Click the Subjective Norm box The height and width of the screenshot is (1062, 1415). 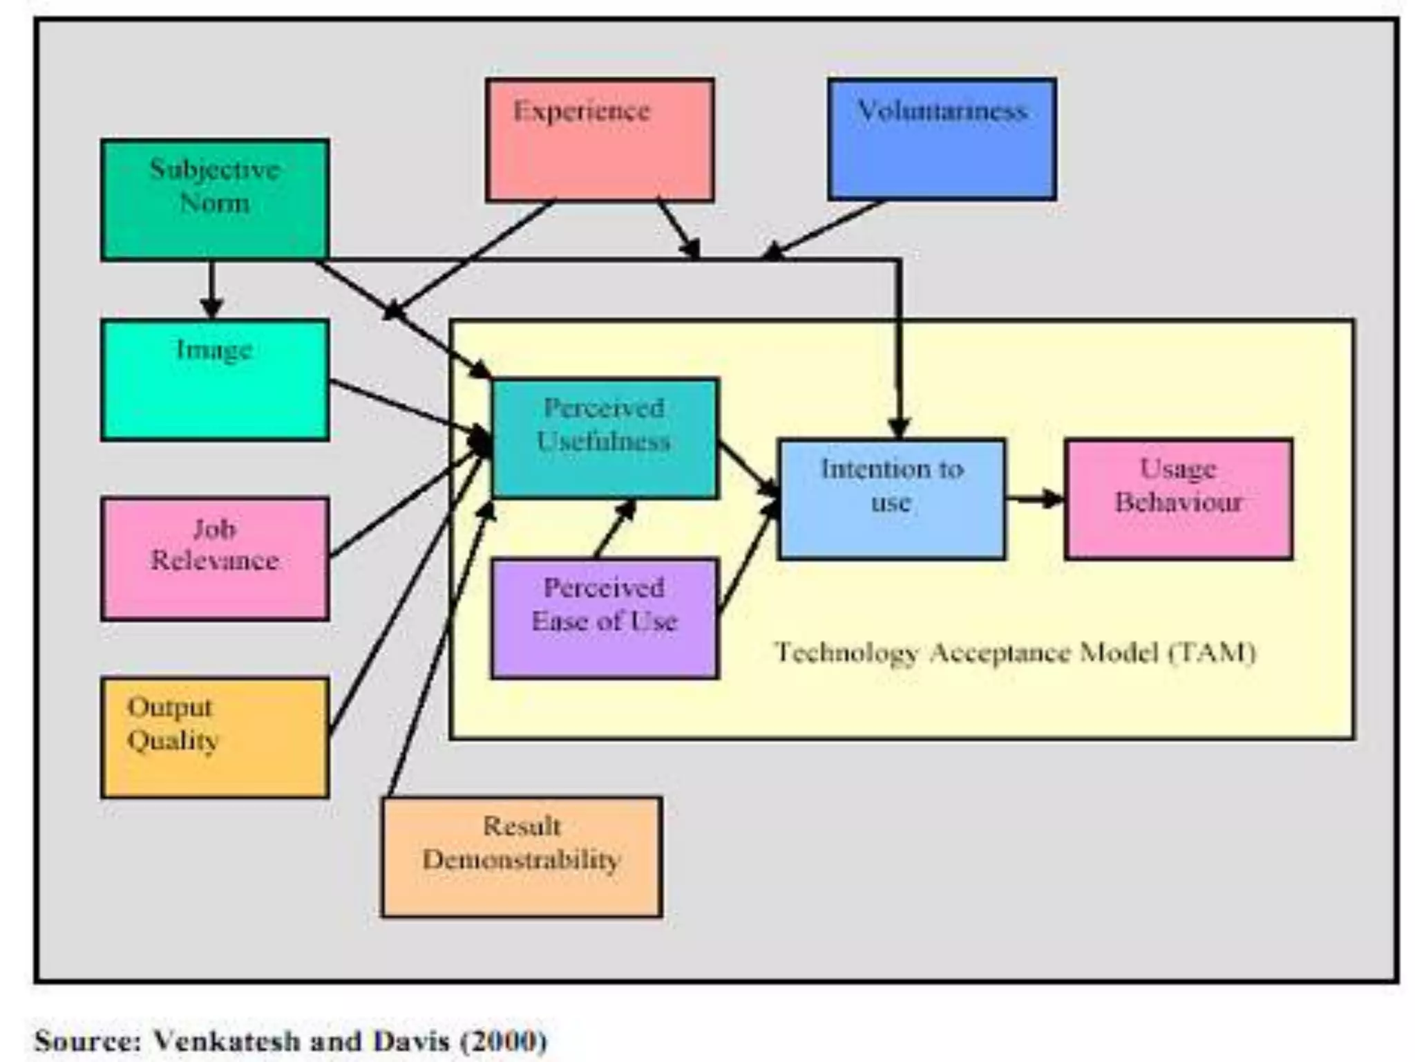pos(214,199)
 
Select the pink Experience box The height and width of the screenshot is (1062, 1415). pos(599,140)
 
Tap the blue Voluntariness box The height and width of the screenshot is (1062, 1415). pos(942,140)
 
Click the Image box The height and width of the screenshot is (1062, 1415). pos(214,380)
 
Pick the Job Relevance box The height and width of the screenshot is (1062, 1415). pos(214,559)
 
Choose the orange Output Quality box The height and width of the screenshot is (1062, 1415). pos(214,738)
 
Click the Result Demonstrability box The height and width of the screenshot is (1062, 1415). pos(522,857)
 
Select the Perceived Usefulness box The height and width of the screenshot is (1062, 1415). pos(605,438)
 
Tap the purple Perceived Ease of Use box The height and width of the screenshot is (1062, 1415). pos(605,618)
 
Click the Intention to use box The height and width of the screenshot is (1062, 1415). pos(891,499)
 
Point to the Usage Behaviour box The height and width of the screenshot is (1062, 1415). pos(1179,499)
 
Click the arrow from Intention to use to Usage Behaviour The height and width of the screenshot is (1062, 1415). pos(1034,499)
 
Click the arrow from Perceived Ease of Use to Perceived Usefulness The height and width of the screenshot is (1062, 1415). pos(614,529)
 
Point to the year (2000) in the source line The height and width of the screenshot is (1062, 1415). pos(504,1041)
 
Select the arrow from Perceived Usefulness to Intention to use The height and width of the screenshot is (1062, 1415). pos(749,469)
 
